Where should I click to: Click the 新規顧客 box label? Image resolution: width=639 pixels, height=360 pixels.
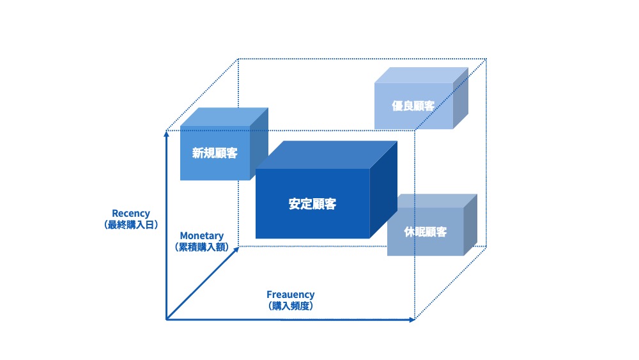point(215,153)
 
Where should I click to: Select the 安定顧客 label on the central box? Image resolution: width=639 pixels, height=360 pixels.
point(312,205)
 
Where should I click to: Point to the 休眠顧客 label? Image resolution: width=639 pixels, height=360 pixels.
point(425,231)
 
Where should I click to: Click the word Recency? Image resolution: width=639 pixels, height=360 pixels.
point(131,214)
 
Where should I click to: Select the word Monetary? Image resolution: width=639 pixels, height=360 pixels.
point(202,236)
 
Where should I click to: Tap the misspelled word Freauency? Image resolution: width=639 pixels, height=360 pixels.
point(291,295)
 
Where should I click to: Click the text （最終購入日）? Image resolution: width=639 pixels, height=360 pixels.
point(131,225)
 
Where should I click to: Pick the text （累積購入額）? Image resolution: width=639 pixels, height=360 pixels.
point(202,247)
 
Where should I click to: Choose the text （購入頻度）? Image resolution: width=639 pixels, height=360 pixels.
point(291,306)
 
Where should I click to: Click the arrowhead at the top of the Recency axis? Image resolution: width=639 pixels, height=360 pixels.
point(166,133)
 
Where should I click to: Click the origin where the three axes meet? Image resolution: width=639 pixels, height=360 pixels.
point(167,319)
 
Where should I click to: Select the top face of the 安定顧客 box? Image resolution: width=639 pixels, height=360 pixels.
point(326,155)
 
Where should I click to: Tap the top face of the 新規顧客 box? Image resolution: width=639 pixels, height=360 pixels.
point(224,117)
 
